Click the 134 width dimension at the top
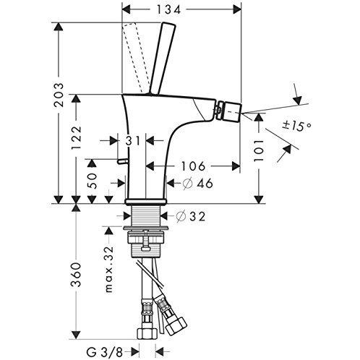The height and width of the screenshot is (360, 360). point(181,9)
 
